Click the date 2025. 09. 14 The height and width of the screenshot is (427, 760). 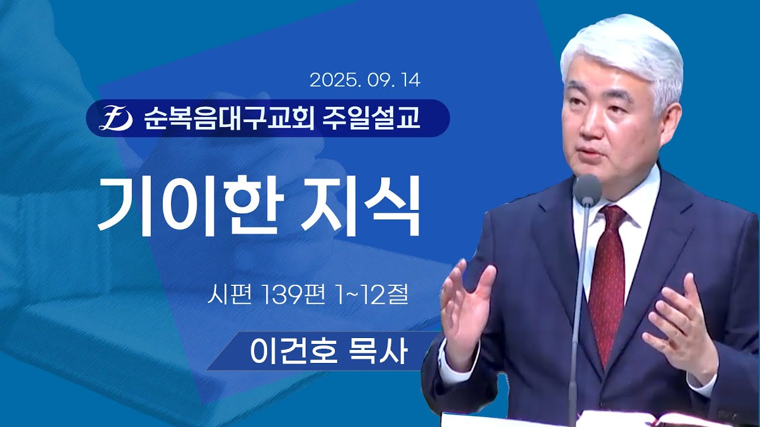tap(365, 80)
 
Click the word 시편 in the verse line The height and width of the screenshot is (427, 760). tap(225, 295)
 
